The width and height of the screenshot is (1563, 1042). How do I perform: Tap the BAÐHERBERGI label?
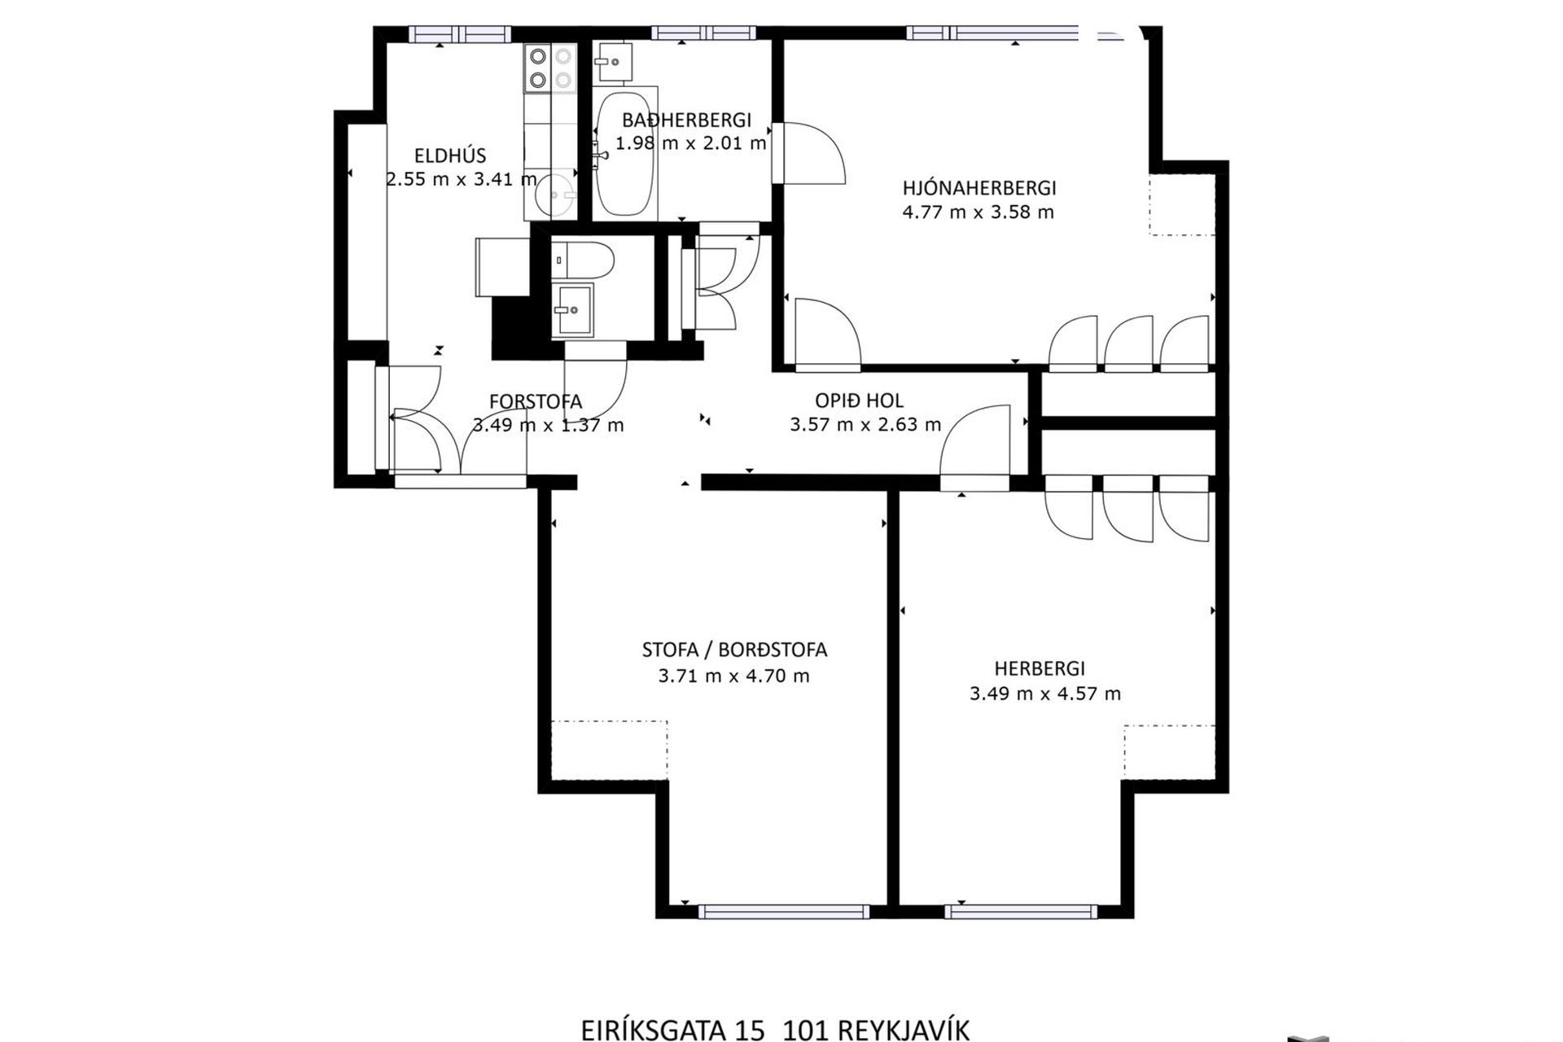click(x=686, y=120)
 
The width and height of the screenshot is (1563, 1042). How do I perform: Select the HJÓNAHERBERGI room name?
click(x=979, y=188)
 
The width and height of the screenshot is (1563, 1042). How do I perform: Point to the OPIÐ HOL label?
click(x=860, y=401)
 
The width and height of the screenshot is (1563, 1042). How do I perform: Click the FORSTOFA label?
click(x=536, y=401)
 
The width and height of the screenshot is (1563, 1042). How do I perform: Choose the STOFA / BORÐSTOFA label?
click(x=734, y=650)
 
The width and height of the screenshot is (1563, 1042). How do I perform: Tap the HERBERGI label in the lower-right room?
click(x=1040, y=668)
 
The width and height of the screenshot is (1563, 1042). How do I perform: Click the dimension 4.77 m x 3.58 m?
click(x=979, y=212)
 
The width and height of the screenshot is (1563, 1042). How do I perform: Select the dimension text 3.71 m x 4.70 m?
click(x=734, y=676)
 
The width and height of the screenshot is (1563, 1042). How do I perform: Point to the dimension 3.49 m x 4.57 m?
click(x=1045, y=694)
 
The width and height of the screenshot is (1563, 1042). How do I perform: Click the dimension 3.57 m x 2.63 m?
click(x=865, y=424)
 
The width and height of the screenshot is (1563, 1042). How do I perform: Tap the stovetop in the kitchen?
click(x=549, y=68)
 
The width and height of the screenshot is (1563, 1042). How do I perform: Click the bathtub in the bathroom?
click(x=625, y=153)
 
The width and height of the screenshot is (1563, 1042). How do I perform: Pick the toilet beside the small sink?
click(x=582, y=260)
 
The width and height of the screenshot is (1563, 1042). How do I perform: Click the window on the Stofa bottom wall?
click(x=784, y=912)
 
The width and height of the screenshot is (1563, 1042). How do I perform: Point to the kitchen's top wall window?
click(x=460, y=33)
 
